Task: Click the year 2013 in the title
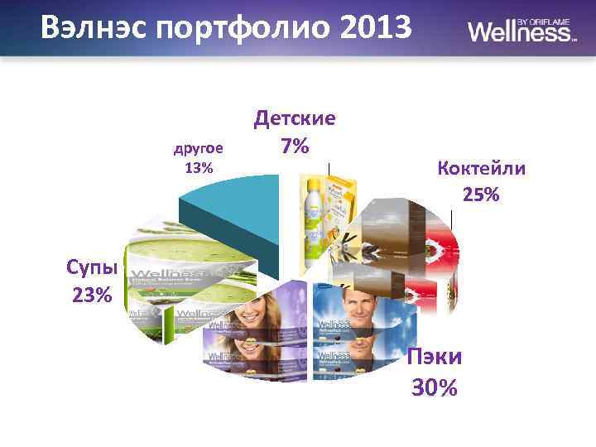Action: coord(376,29)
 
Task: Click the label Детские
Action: coord(295,118)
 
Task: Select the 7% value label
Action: coord(295,147)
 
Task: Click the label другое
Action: coord(198,149)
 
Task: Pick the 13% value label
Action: coord(199,168)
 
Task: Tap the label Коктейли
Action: coord(481,169)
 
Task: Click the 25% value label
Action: coord(481,195)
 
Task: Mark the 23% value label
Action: coord(92,295)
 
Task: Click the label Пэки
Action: coord(435,358)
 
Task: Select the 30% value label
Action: coord(435,387)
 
